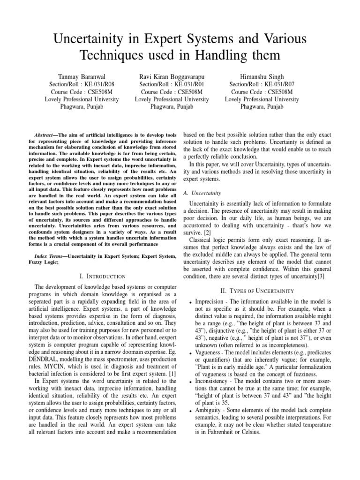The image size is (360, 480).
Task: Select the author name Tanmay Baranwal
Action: pos(82,76)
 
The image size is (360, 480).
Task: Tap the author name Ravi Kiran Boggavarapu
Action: pos(172,76)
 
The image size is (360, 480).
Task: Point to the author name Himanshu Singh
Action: pos(262,76)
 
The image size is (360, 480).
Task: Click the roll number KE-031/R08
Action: pos(97,84)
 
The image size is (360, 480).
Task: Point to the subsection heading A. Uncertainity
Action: pos(203,193)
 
